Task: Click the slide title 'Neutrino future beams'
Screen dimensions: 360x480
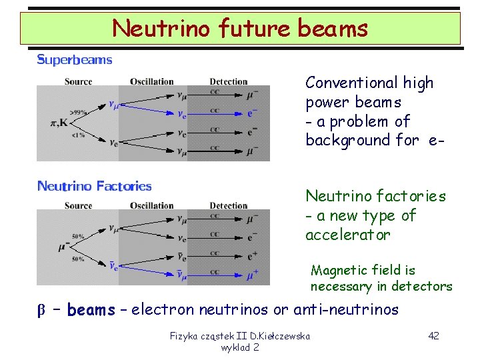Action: (x=239, y=28)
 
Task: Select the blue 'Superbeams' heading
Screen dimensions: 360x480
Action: (x=75, y=60)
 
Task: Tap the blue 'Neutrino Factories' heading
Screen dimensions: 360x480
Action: (x=94, y=187)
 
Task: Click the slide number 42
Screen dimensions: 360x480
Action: (x=433, y=335)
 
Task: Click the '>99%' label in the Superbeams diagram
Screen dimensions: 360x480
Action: (x=77, y=113)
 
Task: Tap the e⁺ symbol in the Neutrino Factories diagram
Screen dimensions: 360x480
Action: (x=253, y=256)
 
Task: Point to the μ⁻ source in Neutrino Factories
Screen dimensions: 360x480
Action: (x=64, y=247)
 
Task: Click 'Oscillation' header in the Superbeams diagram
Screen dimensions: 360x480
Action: (x=151, y=82)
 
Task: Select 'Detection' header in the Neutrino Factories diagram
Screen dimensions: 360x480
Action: (x=228, y=205)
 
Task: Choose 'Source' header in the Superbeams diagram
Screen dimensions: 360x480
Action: (x=78, y=82)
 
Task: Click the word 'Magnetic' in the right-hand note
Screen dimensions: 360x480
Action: (x=337, y=270)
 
